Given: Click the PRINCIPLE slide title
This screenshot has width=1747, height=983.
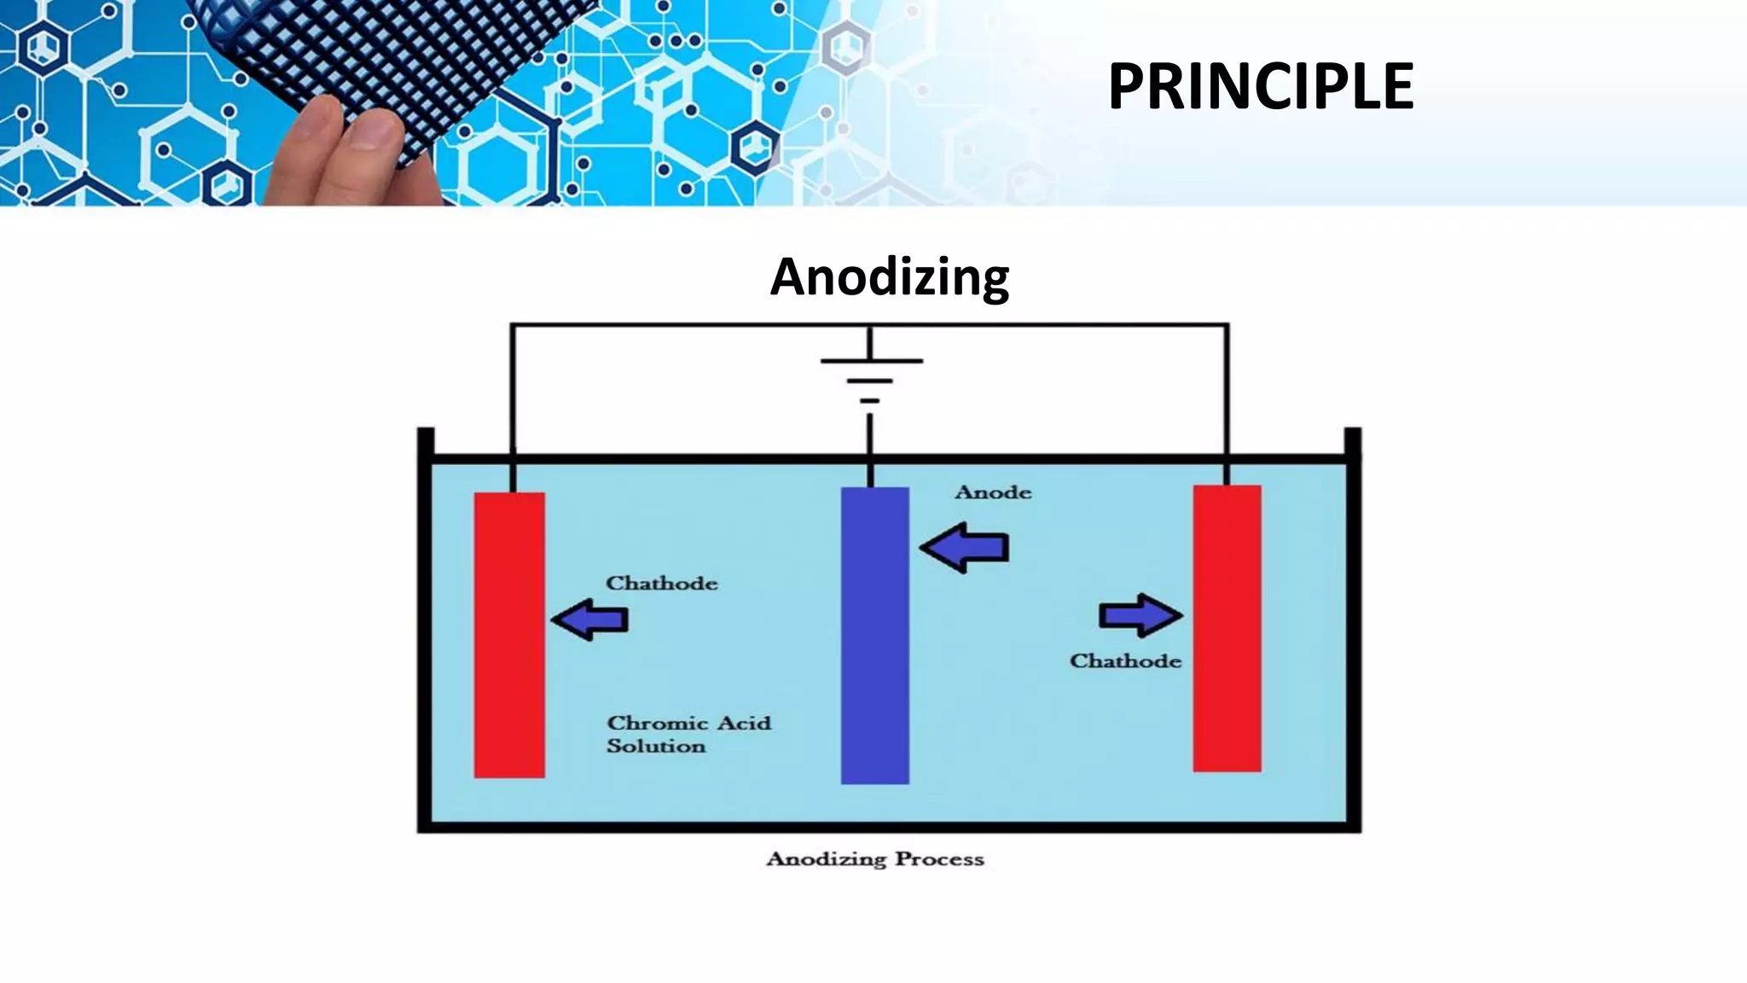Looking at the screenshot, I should [x=1260, y=86].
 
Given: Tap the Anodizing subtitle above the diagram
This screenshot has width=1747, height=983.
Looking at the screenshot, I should [x=890, y=276].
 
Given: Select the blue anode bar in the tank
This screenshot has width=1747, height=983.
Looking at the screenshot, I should [x=874, y=635].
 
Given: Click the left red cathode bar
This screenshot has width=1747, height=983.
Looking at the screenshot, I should [x=509, y=635].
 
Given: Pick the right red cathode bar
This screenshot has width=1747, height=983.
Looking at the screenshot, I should [x=1227, y=628].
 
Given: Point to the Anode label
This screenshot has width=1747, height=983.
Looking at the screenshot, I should [x=993, y=492].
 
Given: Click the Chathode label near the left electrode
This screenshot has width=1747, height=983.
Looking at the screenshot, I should [x=661, y=584].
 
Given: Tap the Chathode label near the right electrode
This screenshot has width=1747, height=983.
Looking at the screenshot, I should [x=1125, y=661].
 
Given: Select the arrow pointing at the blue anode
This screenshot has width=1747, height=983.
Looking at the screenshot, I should [x=965, y=547].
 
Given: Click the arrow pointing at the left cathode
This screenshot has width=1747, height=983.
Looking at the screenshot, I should [x=589, y=619].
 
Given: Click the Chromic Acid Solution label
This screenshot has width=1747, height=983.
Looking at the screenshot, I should [x=688, y=734].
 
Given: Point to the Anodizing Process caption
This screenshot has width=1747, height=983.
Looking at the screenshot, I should [x=875, y=859].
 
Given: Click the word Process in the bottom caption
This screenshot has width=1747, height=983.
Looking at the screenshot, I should [x=939, y=859].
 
